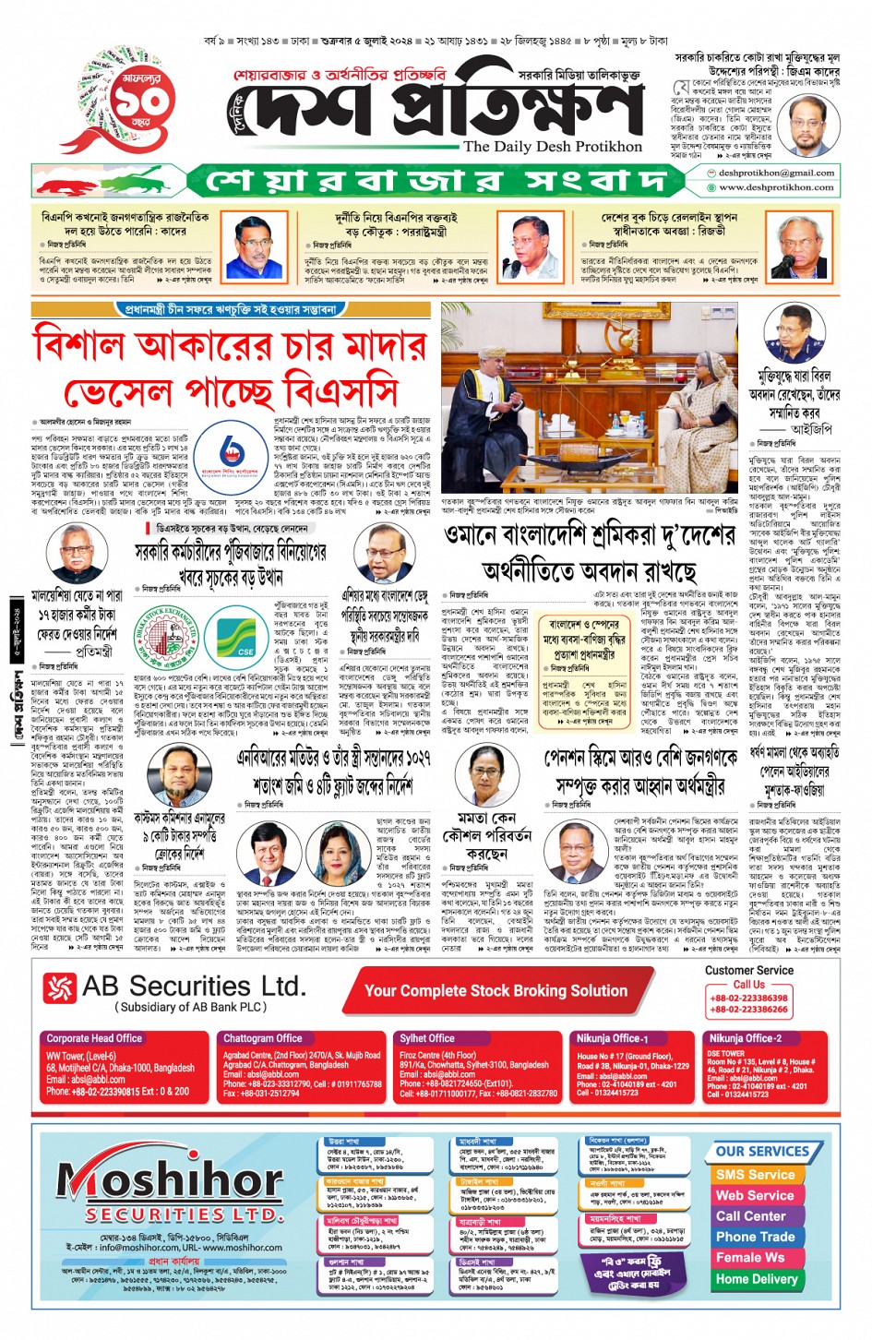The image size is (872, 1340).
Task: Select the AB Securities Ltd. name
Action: tap(193, 987)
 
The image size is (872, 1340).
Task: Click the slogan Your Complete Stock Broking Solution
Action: tap(496, 990)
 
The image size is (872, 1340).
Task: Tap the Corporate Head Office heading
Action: tap(94, 1038)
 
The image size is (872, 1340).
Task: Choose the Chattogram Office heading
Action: tap(263, 1038)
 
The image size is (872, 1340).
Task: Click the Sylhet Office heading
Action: tap(428, 1038)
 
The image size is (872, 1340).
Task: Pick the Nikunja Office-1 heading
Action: tap(613, 1038)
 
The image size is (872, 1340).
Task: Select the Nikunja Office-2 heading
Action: tap(745, 1038)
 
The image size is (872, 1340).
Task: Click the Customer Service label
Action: tap(748, 970)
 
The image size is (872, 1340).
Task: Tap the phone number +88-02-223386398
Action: tap(748, 998)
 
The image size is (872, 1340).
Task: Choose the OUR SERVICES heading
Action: tap(762, 1152)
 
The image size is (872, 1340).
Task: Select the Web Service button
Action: tap(755, 1195)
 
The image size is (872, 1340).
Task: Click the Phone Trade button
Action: tap(755, 1237)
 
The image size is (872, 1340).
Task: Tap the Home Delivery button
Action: tap(756, 1279)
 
